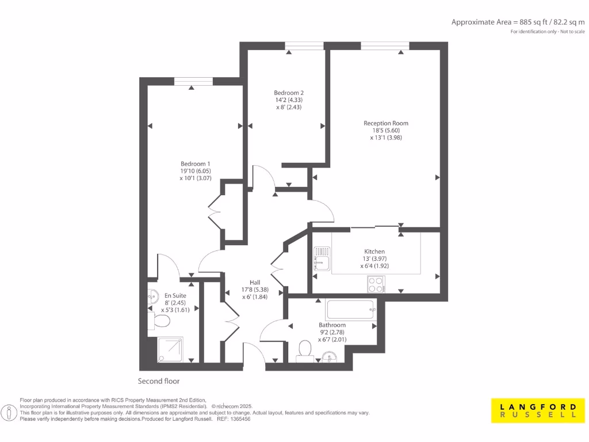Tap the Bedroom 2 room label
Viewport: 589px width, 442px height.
point(289,93)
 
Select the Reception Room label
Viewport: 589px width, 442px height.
point(386,123)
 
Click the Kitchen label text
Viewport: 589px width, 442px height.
point(374,252)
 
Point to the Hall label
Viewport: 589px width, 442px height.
point(255,282)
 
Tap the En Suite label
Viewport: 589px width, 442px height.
point(175,295)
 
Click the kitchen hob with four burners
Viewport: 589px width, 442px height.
point(376,284)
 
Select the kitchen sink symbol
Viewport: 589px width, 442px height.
point(320,258)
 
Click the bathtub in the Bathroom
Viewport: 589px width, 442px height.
point(351,310)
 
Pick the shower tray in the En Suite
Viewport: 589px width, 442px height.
point(170,349)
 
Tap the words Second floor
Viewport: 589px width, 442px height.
point(159,381)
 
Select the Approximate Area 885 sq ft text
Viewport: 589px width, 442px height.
point(518,22)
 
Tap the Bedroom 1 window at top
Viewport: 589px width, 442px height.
point(193,81)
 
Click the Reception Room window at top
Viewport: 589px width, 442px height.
point(385,46)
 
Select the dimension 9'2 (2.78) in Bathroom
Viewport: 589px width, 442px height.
point(332,332)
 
